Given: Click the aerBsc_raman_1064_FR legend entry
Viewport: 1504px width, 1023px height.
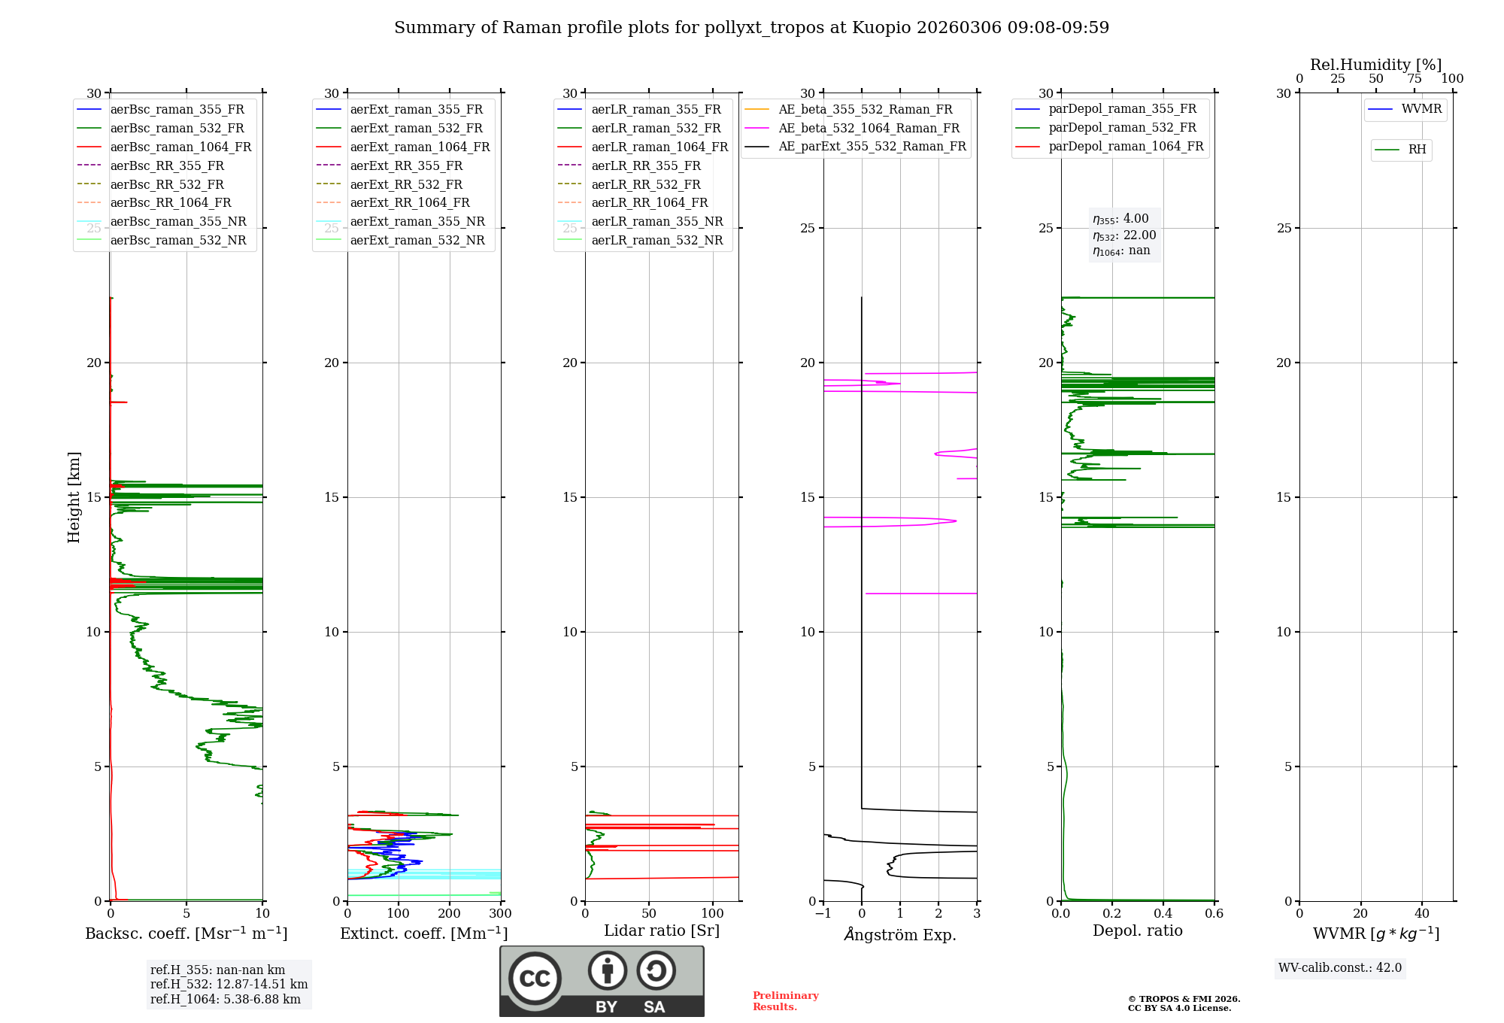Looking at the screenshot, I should click(x=180, y=147).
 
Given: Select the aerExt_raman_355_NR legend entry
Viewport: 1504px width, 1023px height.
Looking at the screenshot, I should click(x=417, y=222).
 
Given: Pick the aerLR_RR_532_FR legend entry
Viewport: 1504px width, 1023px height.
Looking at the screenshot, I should click(x=645, y=184).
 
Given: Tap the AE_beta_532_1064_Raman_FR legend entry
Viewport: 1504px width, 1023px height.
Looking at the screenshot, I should click(x=869, y=128).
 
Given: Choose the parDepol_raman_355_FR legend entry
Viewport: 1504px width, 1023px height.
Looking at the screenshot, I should click(x=1122, y=109).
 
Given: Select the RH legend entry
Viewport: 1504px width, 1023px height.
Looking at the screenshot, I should click(x=1417, y=150).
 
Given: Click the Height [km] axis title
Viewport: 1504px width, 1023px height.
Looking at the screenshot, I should click(x=74, y=497).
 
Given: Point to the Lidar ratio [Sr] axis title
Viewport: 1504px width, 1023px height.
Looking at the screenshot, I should click(x=662, y=930).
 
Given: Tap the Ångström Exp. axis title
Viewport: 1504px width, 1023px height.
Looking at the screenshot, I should click(x=900, y=935).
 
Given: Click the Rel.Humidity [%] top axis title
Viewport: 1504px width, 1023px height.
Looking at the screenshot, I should click(x=1375, y=65).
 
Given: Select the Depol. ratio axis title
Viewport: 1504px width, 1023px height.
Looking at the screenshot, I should click(x=1137, y=930).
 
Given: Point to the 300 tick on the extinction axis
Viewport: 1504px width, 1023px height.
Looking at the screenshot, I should click(x=500, y=914).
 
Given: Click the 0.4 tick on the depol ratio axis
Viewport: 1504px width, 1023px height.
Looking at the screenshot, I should click(x=1163, y=914).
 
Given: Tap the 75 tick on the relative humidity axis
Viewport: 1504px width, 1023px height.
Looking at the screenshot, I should click(x=1414, y=79).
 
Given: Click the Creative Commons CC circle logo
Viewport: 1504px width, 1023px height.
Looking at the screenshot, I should click(x=535, y=978).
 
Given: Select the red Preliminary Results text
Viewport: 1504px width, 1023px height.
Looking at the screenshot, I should click(x=785, y=1001).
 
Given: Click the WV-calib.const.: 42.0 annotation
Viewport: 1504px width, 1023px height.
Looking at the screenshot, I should click(x=1340, y=968).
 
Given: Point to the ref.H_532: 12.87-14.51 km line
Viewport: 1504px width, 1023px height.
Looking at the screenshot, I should click(x=229, y=985).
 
